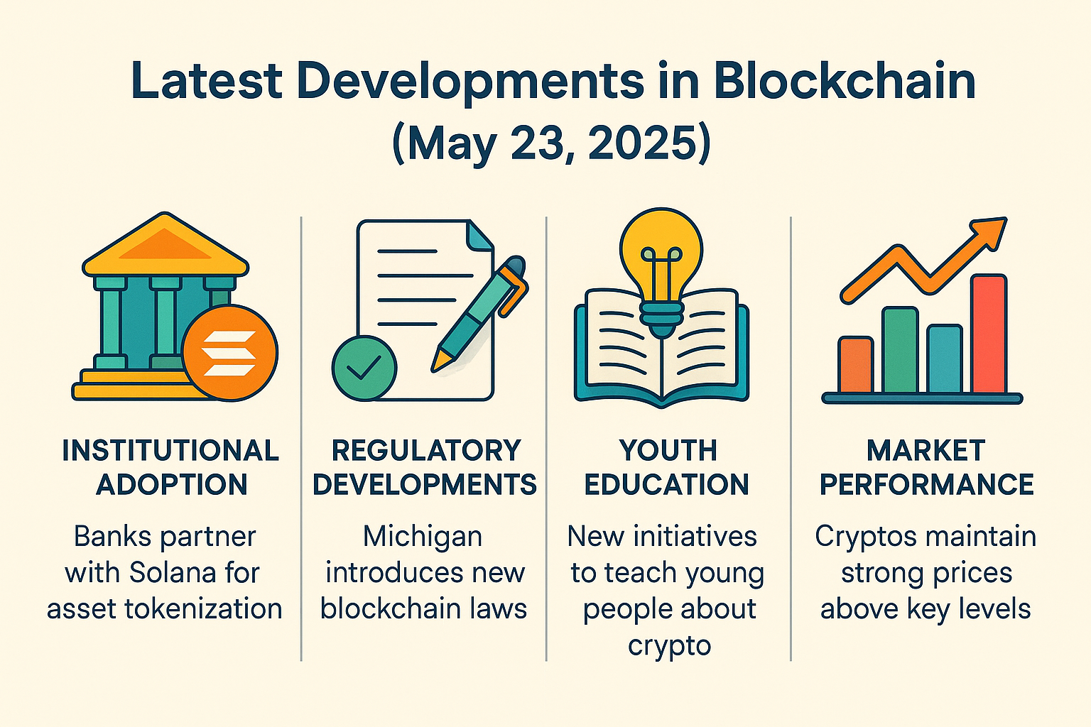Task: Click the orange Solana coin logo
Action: pos(230,353)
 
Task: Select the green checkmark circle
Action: pos(364,368)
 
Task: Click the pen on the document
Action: pos(479,314)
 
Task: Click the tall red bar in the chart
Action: pos(989,334)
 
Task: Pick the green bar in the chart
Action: pos(900,349)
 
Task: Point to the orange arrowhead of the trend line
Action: pos(989,234)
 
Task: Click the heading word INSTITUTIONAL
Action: pos(170,450)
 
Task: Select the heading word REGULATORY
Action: pos(427,450)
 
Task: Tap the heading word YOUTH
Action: pos(668,450)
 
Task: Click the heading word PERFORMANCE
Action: pos(927,484)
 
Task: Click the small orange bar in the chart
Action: pos(855,365)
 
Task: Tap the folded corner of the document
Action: pos(479,236)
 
